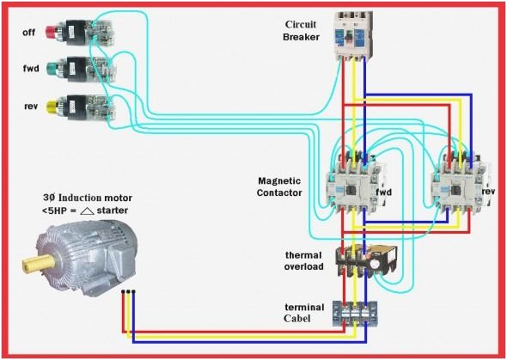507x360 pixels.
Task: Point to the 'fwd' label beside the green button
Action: click(x=30, y=67)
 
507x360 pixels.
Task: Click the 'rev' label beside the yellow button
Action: click(x=30, y=105)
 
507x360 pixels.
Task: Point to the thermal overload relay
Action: click(x=367, y=259)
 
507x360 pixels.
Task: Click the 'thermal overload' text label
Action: click(x=304, y=261)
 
